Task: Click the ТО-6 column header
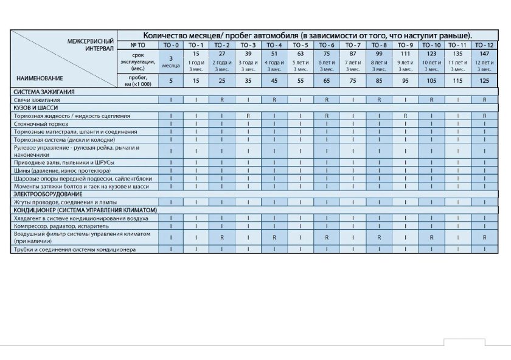[x=327, y=45]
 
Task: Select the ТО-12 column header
[x=485, y=45]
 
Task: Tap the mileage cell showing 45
[x=274, y=81]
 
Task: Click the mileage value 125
[x=485, y=81]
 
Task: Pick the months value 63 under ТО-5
[x=301, y=54]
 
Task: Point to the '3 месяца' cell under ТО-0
[x=171, y=61]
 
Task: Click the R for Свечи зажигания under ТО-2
[x=223, y=100]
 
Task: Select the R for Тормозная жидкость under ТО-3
[x=248, y=116]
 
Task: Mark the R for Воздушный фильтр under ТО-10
[x=432, y=237]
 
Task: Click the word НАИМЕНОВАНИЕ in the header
[x=40, y=78]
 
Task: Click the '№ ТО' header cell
[x=137, y=45]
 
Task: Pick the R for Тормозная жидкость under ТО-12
[x=485, y=116]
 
